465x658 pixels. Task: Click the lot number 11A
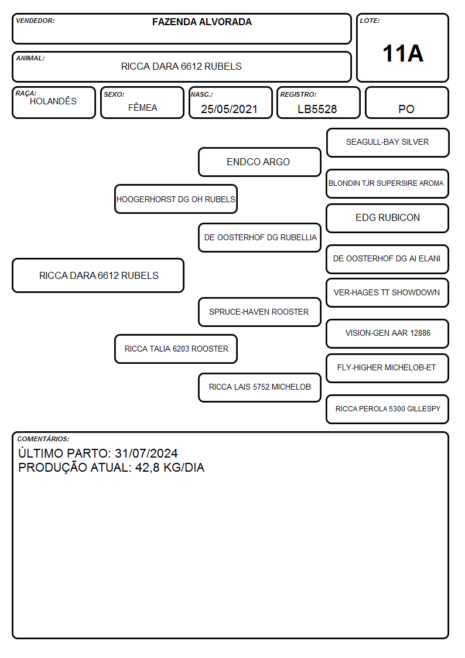[x=403, y=53]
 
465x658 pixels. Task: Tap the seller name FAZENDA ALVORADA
[x=201, y=22]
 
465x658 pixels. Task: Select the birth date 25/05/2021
[x=229, y=109]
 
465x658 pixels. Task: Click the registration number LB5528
[x=317, y=109]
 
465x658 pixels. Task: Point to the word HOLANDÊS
[x=53, y=101]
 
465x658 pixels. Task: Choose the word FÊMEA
[x=142, y=107]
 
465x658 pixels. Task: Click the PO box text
[x=406, y=109]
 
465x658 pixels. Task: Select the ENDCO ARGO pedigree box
[x=259, y=162]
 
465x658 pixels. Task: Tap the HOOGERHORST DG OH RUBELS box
[x=176, y=199]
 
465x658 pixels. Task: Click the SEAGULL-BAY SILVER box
[x=388, y=142]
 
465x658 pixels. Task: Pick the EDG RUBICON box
[x=388, y=218]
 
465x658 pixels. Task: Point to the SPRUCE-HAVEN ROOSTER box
[x=259, y=312]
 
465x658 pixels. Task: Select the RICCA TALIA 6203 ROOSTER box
[x=176, y=349]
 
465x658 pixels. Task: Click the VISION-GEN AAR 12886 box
[x=388, y=333]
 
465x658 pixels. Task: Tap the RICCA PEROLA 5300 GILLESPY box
[x=388, y=409]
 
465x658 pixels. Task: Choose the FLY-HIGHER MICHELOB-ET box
[x=388, y=368]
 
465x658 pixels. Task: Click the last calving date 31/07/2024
[x=146, y=453]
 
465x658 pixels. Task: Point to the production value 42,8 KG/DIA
[x=170, y=468]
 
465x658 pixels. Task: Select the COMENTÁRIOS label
[x=43, y=439]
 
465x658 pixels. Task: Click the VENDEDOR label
[x=35, y=21]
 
